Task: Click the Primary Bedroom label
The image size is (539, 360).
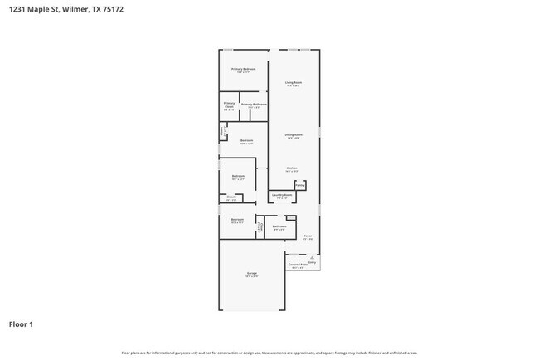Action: [243, 69]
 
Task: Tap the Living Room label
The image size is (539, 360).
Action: [293, 83]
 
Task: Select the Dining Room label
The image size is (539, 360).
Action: [293, 134]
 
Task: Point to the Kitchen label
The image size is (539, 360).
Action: [292, 168]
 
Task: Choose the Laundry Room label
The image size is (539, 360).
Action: [282, 195]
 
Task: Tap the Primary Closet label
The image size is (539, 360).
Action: [229, 105]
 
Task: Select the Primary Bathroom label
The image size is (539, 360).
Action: [254, 105]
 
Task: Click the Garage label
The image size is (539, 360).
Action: [251, 273]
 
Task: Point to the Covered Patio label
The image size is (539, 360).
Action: [297, 265]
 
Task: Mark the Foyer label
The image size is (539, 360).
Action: [307, 236]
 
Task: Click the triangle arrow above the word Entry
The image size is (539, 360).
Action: [313, 257]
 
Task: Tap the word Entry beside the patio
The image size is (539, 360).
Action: [313, 263]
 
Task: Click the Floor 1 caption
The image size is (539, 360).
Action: [21, 324]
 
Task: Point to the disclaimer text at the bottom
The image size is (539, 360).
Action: [269, 353]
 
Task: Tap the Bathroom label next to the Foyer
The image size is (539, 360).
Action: [279, 226]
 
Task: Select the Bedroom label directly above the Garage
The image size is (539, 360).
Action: [237, 220]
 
